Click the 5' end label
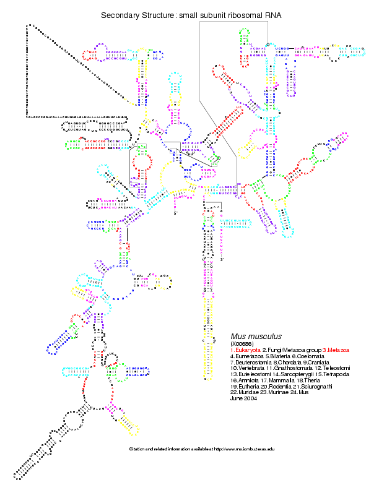pos(175,213)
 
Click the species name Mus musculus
pos(256,336)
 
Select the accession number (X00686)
pos(242,343)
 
